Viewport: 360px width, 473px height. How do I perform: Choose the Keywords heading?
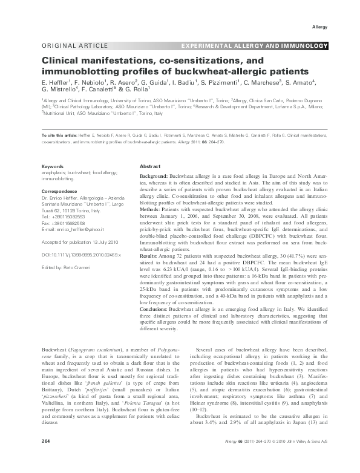(x=51, y=166)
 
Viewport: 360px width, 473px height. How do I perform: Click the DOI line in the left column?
(x=75, y=256)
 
